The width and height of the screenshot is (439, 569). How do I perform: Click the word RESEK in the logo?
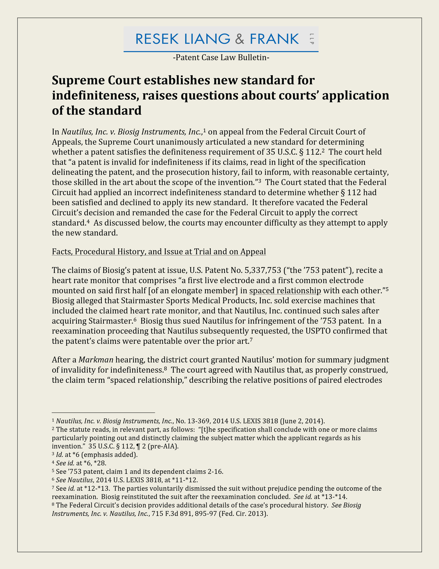pyautogui.click(x=157, y=39)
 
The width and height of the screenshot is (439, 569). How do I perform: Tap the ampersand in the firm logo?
pyautogui.click(x=239, y=39)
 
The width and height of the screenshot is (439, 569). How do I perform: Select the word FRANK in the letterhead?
pyautogui.click(x=274, y=39)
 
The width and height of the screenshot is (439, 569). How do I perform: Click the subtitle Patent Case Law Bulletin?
pyautogui.click(x=221, y=58)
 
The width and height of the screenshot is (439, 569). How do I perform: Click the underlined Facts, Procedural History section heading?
pyautogui.click(x=159, y=252)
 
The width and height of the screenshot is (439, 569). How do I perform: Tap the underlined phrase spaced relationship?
pyautogui.click(x=285, y=291)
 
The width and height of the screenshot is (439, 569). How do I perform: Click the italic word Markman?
pyautogui.click(x=96, y=360)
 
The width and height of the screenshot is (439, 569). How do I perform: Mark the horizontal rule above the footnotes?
pyautogui.click(x=103, y=413)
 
